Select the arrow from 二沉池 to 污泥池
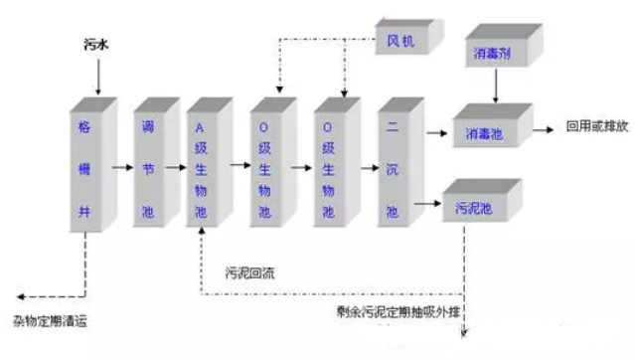tap(427, 207)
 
